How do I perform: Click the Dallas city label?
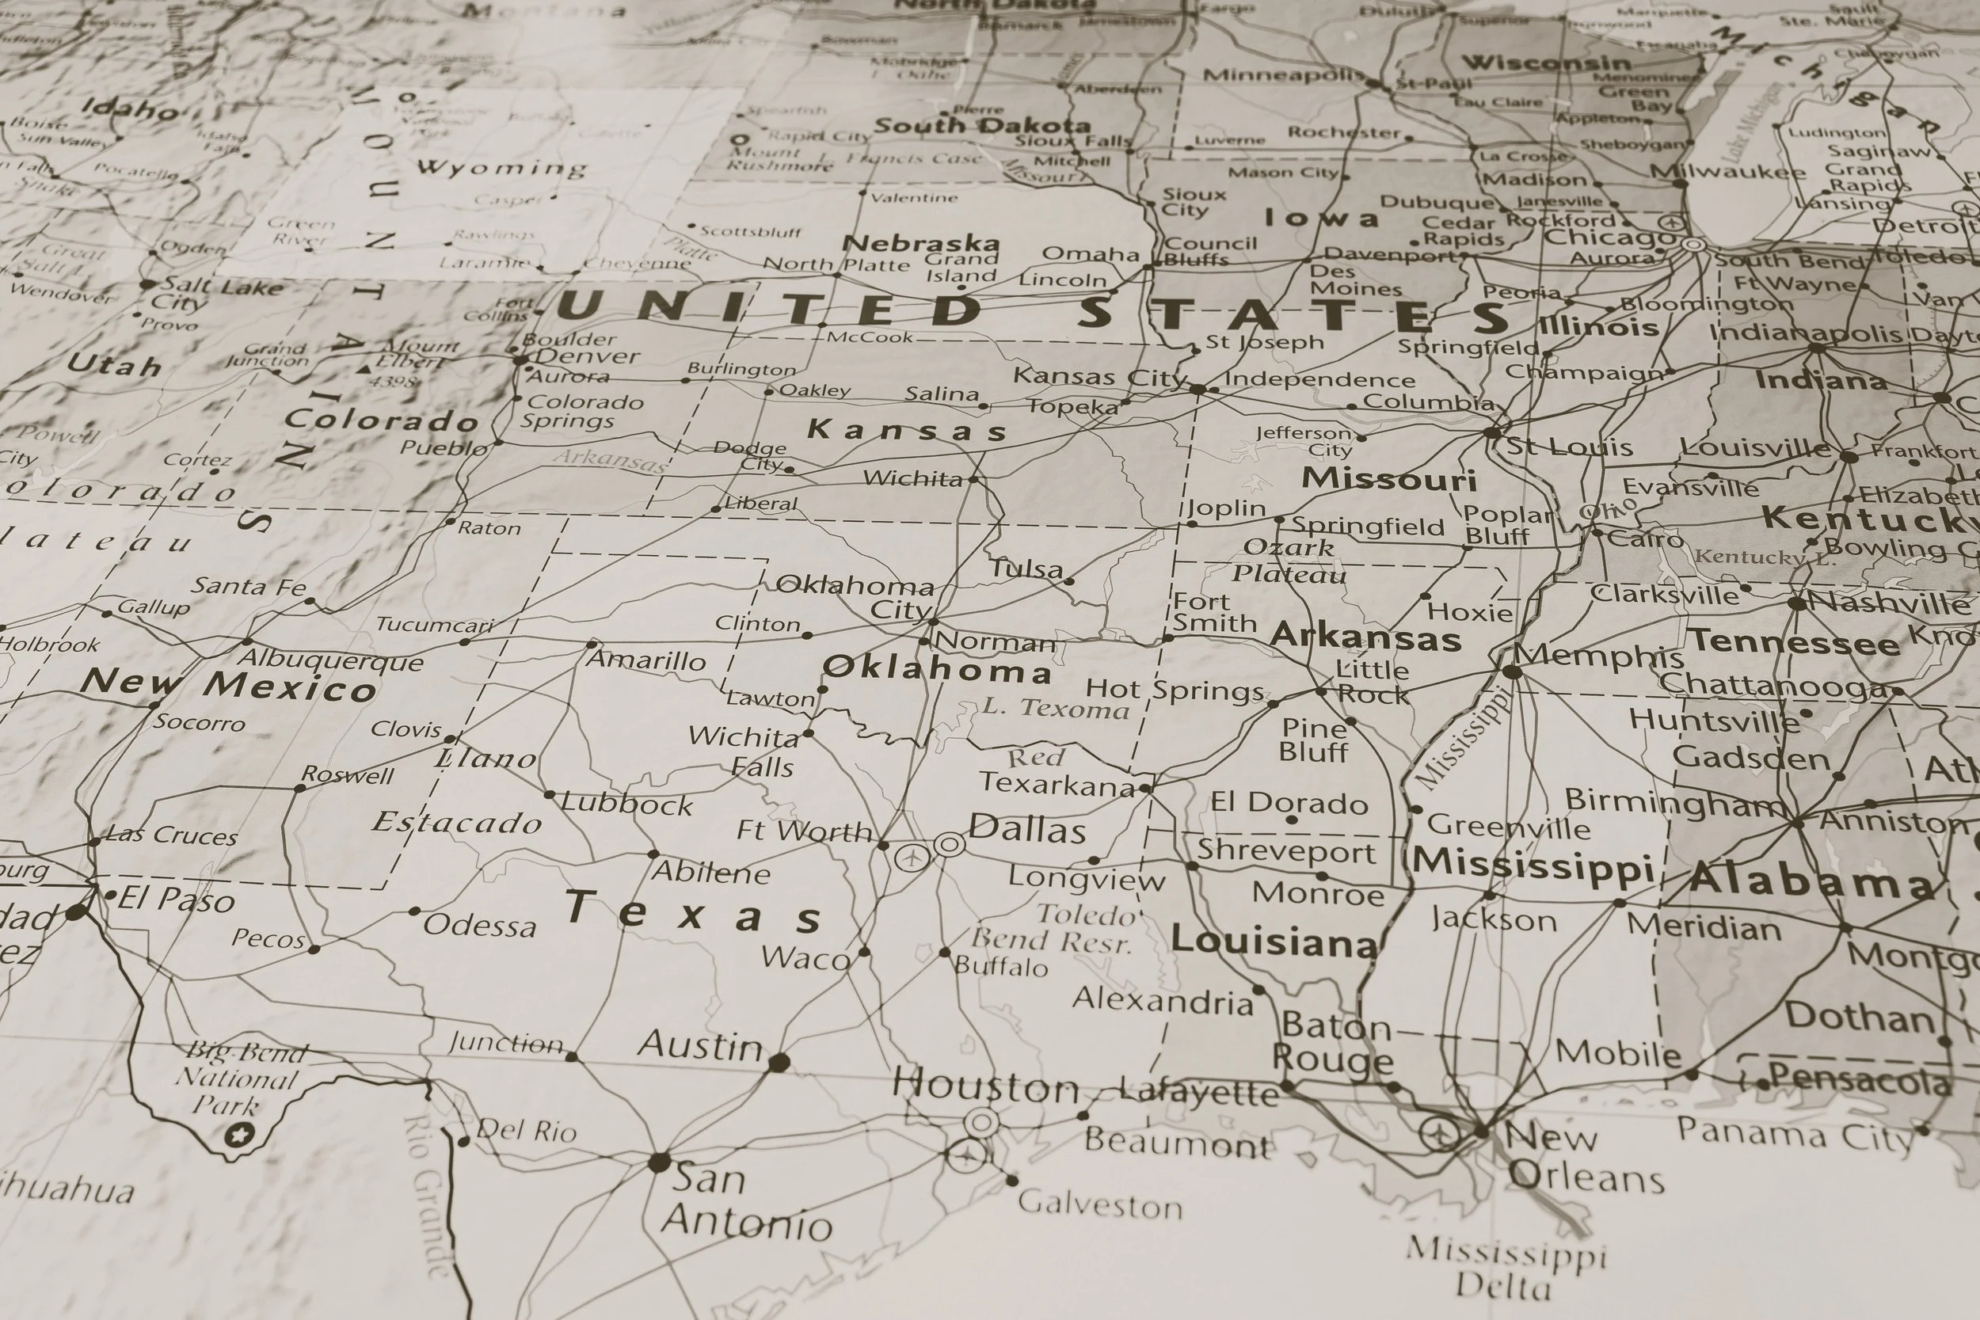tap(1027, 830)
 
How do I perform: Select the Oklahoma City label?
tap(855, 596)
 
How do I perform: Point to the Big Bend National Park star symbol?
tap(240, 1135)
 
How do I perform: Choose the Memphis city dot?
tap(1512, 671)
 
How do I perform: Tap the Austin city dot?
tap(779, 1062)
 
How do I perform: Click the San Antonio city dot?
tap(660, 1162)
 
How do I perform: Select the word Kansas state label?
tap(907, 430)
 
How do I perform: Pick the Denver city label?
tap(588, 356)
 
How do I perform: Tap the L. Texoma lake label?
tap(1055, 708)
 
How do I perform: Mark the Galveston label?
tap(1099, 1205)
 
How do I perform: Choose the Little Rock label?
tap(1373, 682)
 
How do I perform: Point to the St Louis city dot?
tap(1491, 432)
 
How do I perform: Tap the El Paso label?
tap(175, 899)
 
